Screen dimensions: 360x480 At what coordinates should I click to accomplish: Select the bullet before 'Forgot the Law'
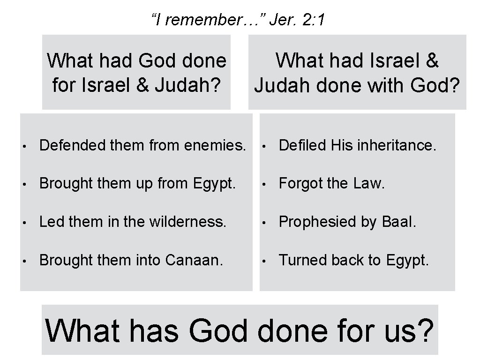tap(265, 184)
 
